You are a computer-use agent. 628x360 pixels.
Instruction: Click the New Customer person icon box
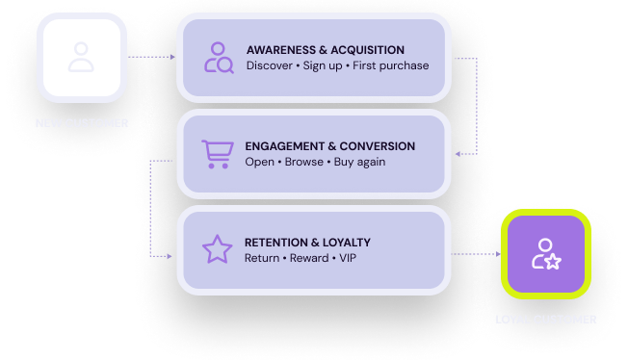(x=81, y=57)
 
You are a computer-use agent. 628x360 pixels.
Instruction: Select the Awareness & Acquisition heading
(x=325, y=50)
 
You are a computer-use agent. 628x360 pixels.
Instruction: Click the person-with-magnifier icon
(x=218, y=58)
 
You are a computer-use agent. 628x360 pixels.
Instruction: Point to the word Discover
(x=269, y=66)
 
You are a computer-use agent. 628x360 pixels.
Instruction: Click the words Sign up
(x=328, y=66)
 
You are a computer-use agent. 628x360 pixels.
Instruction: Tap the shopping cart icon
(x=217, y=154)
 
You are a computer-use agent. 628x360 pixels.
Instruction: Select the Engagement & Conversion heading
(x=330, y=146)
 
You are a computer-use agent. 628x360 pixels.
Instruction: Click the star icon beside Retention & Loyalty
(x=217, y=249)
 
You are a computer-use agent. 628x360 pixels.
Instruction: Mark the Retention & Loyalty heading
(x=307, y=243)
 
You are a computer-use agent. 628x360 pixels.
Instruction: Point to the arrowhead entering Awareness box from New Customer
(x=173, y=58)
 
